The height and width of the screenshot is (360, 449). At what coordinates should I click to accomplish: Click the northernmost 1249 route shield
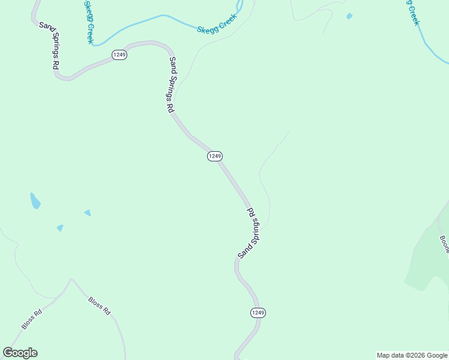click(119, 55)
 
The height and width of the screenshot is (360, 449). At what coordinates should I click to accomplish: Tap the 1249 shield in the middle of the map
click(215, 156)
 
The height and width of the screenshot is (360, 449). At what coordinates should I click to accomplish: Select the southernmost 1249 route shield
click(258, 313)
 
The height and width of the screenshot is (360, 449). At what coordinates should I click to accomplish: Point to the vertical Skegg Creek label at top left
click(89, 22)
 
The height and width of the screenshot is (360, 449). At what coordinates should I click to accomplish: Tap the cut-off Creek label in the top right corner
click(413, 12)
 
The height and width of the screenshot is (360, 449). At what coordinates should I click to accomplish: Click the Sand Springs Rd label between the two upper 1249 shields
click(171, 85)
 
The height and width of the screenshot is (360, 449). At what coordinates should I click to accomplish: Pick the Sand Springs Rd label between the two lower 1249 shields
click(249, 233)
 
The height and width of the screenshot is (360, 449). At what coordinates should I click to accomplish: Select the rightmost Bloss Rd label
click(100, 306)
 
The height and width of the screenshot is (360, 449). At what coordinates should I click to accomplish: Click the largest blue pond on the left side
click(35, 200)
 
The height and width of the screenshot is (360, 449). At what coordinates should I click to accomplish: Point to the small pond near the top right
click(349, 16)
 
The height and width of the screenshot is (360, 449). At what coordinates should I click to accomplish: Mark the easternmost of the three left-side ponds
click(88, 212)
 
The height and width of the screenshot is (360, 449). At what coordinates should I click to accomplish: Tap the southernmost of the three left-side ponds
click(60, 228)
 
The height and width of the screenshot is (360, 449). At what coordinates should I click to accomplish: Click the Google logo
click(20, 353)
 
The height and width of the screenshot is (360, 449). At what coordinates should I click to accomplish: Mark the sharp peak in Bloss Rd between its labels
click(72, 279)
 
